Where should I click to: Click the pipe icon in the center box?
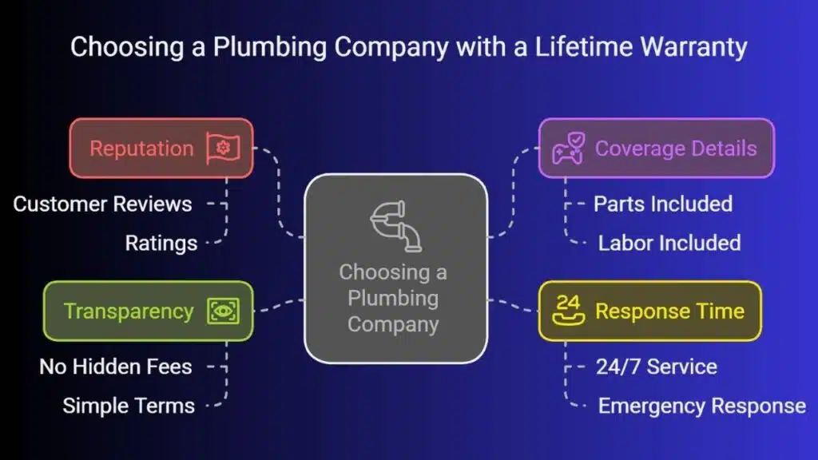point(396,225)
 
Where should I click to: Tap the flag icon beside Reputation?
point(223,149)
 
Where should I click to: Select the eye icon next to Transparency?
point(223,311)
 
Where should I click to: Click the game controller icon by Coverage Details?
point(568,149)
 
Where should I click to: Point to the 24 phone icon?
point(568,311)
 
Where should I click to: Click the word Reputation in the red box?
point(141,149)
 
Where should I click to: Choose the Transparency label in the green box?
point(129,311)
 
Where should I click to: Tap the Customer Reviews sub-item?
point(102,204)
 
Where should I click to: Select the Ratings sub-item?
point(161,243)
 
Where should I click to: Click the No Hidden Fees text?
point(116,367)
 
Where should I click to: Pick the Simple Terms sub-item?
point(129,406)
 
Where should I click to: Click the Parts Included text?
point(662,204)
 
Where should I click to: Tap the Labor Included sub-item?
point(669,243)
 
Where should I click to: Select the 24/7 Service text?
point(656,367)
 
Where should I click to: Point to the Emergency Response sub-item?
point(701,406)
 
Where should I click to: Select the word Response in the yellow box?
point(642,311)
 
